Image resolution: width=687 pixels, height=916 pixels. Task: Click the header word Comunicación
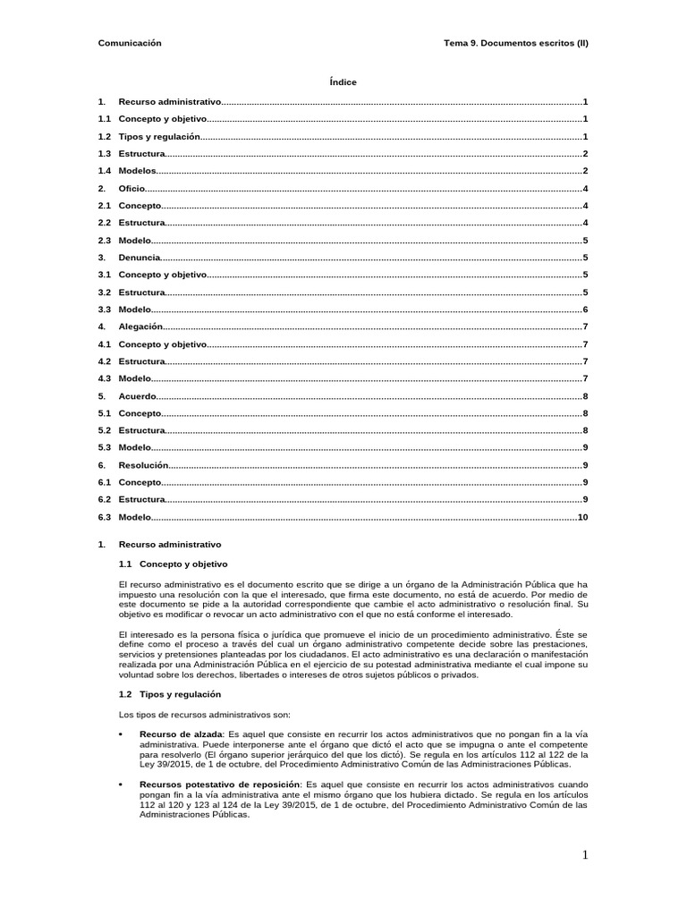coord(129,43)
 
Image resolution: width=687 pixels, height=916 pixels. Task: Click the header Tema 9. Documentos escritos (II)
coord(516,43)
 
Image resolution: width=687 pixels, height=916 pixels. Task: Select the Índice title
coord(343,82)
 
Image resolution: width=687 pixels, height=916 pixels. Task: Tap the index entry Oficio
coord(131,189)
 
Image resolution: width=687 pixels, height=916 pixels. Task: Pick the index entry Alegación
coord(140,327)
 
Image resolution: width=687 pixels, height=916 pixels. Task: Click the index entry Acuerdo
coord(138,395)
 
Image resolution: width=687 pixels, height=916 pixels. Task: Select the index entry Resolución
coord(143,465)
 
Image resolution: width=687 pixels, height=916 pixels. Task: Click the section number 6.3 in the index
coord(104,517)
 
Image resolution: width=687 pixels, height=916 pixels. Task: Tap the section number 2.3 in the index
coord(104,241)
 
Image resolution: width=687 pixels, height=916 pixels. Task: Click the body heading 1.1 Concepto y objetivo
coord(174,564)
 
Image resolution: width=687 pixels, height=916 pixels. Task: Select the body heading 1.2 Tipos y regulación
coord(170,694)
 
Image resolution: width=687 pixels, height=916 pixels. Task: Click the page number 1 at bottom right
coord(585,856)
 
